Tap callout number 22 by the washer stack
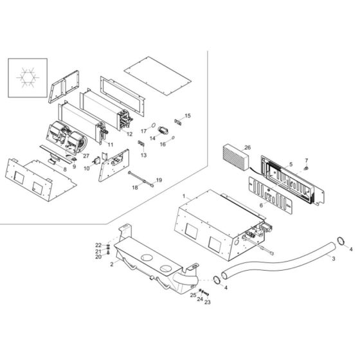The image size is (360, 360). coord(98,246)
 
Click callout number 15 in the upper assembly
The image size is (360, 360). coord(188,116)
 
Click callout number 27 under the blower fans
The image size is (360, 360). coord(86,156)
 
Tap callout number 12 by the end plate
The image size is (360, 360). coord(129,134)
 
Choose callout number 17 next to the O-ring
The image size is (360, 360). coord(144,131)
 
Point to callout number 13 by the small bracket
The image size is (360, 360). coord(143,156)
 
